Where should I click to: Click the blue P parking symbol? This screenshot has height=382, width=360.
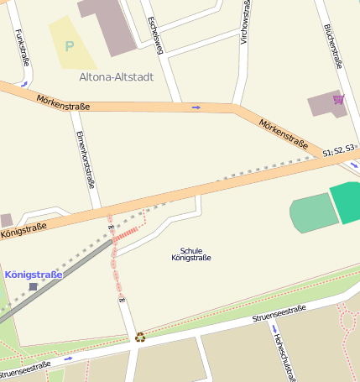(70, 46)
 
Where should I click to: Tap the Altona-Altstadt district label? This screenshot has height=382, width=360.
(116, 78)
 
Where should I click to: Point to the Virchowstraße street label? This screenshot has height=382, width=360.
(244, 29)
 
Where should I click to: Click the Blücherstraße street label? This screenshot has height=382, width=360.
(332, 45)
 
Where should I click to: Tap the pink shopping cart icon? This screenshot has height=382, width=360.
(338, 99)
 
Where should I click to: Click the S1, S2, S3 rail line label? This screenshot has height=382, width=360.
(340, 150)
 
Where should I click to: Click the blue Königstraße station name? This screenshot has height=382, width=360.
(34, 275)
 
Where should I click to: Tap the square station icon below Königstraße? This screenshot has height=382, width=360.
(33, 287)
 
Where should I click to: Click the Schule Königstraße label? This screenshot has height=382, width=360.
(191, 254)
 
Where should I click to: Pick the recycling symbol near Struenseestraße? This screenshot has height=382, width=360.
(140, 338)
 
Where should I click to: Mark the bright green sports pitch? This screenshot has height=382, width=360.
(345, 202)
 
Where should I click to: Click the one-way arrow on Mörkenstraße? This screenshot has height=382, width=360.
(196, 107)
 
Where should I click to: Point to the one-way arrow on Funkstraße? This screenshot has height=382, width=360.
(25, 84)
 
